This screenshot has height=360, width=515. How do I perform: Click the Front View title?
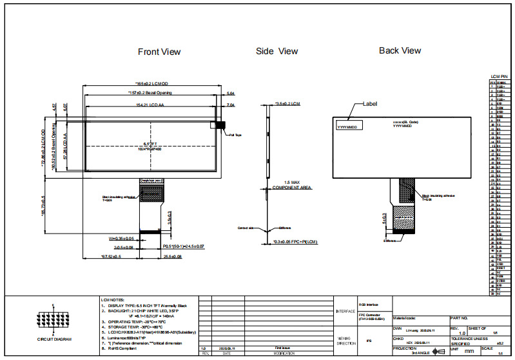(159, 52)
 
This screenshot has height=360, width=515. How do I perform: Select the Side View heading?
(277, 51)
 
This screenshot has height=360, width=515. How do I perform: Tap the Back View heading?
(400, 50)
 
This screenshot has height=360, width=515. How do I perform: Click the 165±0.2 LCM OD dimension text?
(151, 84)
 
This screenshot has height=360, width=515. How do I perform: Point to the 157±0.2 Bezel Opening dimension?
(150, 93)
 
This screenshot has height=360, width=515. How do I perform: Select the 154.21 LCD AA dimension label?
(150, 104)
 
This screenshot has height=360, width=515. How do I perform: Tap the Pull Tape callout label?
(235, 135)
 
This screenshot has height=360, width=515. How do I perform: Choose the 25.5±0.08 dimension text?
(172, 257)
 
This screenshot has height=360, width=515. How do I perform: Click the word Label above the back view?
(370, 103)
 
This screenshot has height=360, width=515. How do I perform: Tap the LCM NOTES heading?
(113, 300)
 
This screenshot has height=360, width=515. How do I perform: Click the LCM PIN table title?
(500, 77)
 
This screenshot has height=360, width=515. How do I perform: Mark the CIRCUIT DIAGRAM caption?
(54, 339)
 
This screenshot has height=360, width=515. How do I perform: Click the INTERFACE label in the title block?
(345, 311)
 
